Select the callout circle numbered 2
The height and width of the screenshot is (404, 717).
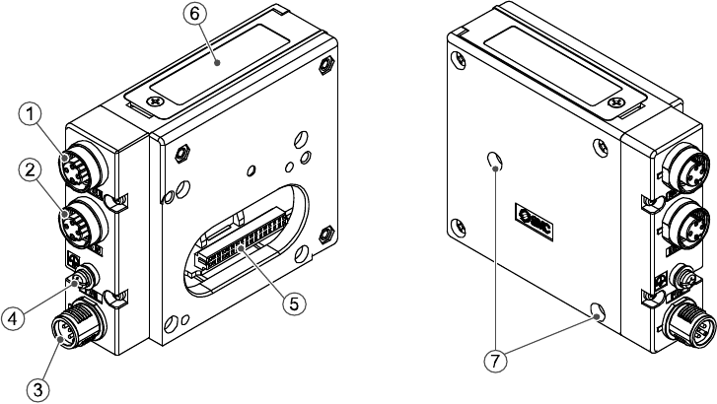point(32,171)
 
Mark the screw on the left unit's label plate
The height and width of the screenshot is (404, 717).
point(154,101)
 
